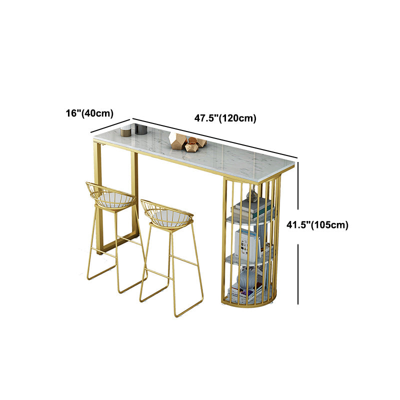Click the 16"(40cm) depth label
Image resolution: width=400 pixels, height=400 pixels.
[89, 113]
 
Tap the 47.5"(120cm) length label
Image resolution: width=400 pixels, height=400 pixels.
[225, 118]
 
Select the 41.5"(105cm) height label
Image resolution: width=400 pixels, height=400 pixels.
[317, 224]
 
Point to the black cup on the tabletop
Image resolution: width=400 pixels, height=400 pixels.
[141, 129]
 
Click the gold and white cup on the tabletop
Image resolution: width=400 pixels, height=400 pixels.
[126, 130]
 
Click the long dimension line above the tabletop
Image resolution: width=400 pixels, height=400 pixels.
[215, 138]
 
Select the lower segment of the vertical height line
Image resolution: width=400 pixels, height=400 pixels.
[298, 274]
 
